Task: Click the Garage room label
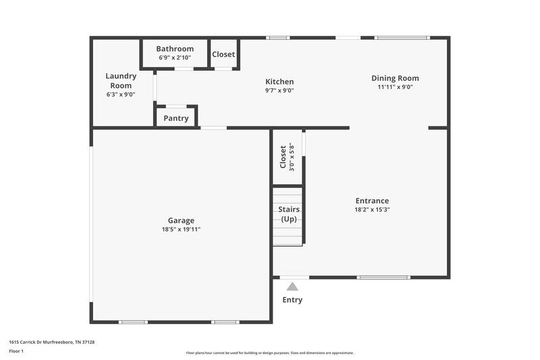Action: point(181,220)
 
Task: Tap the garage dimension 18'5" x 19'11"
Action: point(181,230)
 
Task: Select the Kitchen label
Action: point(279,82)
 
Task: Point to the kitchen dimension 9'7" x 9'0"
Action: point(279,91)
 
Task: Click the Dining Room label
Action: point(395,78)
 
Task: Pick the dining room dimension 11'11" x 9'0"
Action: point(395,87)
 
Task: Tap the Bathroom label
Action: point(175,49)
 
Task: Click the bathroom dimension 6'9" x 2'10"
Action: point(175,57)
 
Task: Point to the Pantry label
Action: point(176,118)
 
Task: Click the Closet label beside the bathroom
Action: point(223,54)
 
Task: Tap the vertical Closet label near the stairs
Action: point(283,157)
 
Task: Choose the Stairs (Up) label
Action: point(289,214)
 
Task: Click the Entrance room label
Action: point(372,201)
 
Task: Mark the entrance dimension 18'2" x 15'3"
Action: point(372,209)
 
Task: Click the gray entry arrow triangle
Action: point(292,286)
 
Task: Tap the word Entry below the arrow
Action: point(292,300)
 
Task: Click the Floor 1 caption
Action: point(16,352)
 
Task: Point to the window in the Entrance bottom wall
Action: point(383,277)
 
